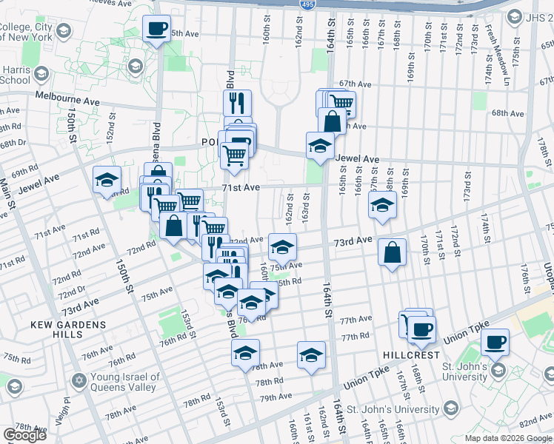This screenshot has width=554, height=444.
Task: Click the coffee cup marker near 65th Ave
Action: (156, 29)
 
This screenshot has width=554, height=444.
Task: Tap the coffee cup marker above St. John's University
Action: (495, 343)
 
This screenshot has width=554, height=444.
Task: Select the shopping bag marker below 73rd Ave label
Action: (392, 252)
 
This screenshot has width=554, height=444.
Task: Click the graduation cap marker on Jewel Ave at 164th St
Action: (320, 145)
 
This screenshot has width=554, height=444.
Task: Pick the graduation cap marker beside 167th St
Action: (382, 206)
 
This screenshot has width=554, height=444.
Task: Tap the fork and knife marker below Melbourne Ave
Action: (237, 103)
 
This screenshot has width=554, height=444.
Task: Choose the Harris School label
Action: (16, 76)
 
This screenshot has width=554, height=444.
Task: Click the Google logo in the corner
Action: (24, 435)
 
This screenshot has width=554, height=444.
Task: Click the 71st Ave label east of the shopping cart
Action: (241, 188)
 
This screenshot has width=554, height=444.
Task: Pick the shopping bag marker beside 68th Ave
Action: (333, 121)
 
